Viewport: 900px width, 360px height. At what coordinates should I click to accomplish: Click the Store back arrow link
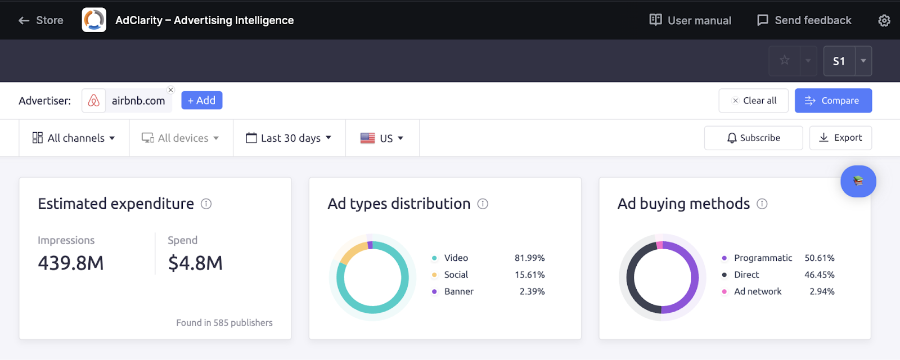40,20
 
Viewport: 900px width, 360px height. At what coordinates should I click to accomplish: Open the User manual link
690,20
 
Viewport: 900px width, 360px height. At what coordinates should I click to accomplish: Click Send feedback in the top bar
804,20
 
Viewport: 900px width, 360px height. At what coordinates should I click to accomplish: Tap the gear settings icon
884,21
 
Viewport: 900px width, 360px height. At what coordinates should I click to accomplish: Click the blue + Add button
201,100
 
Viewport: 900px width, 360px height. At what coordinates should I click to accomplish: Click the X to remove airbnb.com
171,90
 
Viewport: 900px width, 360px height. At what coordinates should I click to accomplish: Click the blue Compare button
833,101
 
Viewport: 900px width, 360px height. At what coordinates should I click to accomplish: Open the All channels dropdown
74,138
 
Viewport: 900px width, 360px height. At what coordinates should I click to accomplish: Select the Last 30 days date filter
289,138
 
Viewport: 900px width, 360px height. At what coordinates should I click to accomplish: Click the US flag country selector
382,138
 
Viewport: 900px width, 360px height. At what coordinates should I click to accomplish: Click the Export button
840,138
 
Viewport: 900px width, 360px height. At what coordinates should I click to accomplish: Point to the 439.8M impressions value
71,263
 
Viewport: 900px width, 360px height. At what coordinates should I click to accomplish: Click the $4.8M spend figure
195,263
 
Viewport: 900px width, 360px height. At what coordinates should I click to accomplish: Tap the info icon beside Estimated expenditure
206,204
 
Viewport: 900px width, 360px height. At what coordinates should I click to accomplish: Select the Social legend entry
456,274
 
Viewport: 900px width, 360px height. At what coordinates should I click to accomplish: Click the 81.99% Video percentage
529,258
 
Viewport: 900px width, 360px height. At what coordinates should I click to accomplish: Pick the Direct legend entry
746,274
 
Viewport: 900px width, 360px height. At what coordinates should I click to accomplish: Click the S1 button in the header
839,61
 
